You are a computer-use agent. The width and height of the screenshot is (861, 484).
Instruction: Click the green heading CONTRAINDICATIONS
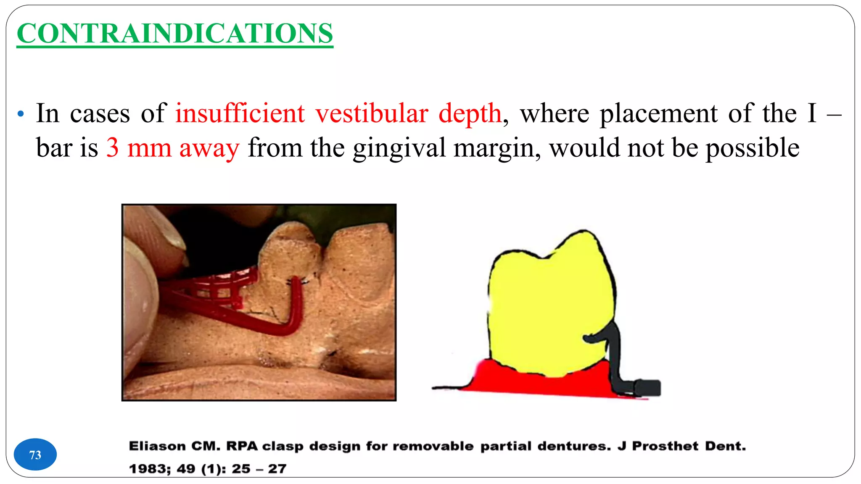pos(175,33)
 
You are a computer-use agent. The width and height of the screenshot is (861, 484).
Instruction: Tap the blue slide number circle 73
pos(35,455)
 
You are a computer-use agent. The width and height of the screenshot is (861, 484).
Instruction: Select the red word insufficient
pos(240,113)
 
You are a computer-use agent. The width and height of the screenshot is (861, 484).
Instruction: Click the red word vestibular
pos(372,113)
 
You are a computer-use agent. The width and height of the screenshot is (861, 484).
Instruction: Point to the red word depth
pos(470,113)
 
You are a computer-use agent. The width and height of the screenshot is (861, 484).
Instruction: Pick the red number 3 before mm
pos(112,148)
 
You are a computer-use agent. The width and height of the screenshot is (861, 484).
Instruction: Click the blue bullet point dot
pos(21,114)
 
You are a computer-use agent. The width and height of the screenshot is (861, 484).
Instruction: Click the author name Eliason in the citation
pos(157,446)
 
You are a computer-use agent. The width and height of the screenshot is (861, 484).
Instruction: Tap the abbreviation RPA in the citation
pos(242,446)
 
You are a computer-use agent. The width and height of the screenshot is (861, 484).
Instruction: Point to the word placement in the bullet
pos(658,113)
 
